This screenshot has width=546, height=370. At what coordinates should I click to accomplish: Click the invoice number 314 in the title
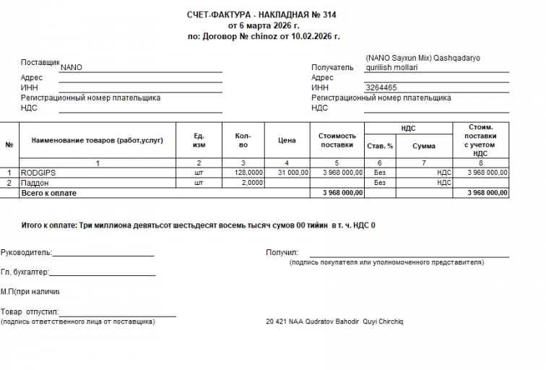(x=329, y=14)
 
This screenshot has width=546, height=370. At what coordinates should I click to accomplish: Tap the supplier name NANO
(x=71, y=67)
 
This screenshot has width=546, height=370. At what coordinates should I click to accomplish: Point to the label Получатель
(x=332, y=67)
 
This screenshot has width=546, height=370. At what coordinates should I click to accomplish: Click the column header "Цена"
(x=287, y=140)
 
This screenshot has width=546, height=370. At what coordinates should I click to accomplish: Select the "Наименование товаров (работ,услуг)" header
(x=97, y=140)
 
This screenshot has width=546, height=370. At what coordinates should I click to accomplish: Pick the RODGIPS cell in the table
(x=38, y=173)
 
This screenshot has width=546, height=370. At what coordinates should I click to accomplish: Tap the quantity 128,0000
(x=248, y=173)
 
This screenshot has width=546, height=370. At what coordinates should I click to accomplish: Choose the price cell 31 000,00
(x=293, y=173)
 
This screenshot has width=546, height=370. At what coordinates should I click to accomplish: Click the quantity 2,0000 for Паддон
(x=252, y=183)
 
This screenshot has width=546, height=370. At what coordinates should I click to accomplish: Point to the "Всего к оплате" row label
(x=48, y=193)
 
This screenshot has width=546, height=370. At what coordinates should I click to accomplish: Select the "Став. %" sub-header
(x=380, y=145)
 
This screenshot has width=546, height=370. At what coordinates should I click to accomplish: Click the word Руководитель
(x=26, y=253)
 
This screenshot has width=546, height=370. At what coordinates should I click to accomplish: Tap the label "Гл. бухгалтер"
(x=25, y=272)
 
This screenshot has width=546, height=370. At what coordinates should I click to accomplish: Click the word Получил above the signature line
(x=282, y=253)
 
